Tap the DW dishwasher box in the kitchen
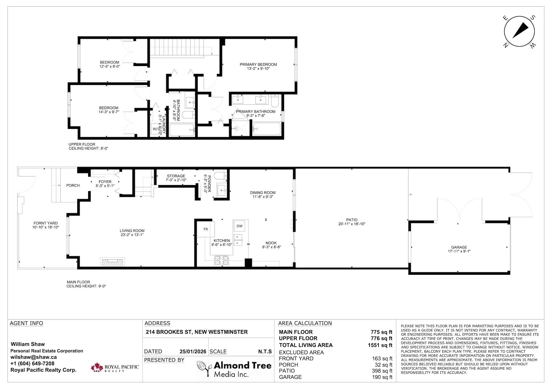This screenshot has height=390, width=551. (x=239, y=226)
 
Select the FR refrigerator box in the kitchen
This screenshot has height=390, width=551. (x=205, y=229)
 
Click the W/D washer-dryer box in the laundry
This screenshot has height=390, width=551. (x=156, y=129)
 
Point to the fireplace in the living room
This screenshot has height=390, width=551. (x=112, y=262)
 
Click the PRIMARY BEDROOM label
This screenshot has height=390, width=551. (x=258, y=64)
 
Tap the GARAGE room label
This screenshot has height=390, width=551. (x=459, y=247)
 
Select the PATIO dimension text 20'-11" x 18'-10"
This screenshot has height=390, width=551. (x=352, y=224)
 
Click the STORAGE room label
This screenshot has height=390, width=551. (x=176, y=176)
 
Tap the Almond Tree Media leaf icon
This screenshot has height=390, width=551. (x=204, y=369)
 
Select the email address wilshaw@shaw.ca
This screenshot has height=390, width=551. (x=34, y=357)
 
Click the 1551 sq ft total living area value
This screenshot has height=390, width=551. (x=380, y=345)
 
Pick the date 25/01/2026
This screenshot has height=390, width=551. (x=193, y=352)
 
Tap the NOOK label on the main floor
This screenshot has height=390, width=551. (x=271, y=243)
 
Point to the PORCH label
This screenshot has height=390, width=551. (x=73, y=185)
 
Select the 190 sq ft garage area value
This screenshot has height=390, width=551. (x=382, y=377)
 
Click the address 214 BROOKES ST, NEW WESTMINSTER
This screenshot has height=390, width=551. (x=197, y=332)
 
